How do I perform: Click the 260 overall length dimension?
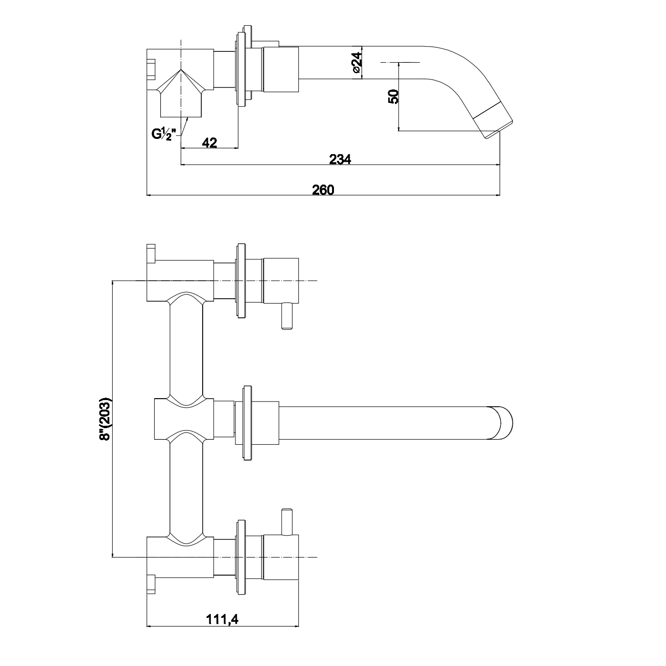pyautogui.click(x=323, y=189)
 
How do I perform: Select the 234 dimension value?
pyautogui.click(x=340, y=159)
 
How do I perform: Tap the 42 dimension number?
pyautogui.click(x=209, y=142)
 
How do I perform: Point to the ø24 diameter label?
pyautogui.click(x=357, y=62)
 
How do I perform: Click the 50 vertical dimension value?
pyautogui.click(x=393, y=97)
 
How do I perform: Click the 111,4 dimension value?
pyautogui.click(x=222, y=619)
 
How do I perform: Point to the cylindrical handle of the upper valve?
pyautogui.click(x=281, y=281)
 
